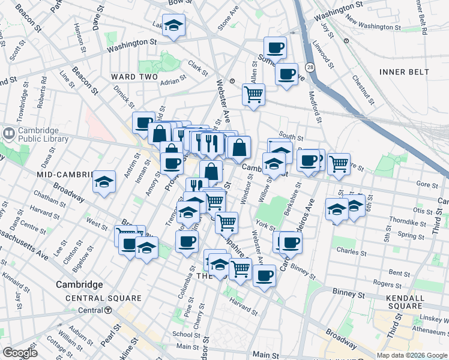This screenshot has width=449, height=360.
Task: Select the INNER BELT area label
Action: tap(404, 72)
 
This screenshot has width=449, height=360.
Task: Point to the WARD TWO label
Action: tap(134, 77)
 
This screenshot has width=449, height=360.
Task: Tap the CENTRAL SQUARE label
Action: tap(103, 298)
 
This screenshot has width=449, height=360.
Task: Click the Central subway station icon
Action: tap(108, 310)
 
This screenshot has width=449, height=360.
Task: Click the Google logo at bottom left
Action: tap(20, 353)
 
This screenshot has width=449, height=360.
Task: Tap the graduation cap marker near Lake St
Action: tap(173, 25)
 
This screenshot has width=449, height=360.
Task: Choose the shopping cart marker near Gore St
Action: tap(339, 163)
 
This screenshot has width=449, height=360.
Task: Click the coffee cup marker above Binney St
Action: tap(264, 276)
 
